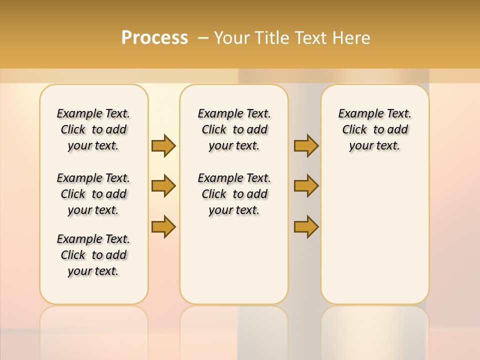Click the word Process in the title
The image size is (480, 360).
pyautogui.click(x=154, y=38)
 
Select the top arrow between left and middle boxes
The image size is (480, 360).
pyautogui.click(x=163, y=145)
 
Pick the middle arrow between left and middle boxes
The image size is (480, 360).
pyautogui.click(x=163, y=186)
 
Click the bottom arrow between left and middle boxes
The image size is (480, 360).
pyautogui.click(x=163, y=226)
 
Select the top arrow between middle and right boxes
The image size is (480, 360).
pyautogui.click(x=306, y=145)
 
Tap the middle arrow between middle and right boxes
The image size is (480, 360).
pyautogui.click(x=306, y=186)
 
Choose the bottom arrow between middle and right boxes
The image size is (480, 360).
pyautogui.click(x=306, y=226)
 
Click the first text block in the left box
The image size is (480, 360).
pyautogui.click(x=93, y=129)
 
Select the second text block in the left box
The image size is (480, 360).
pyautogui.click(x=93, y=194)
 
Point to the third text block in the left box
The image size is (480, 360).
pyautogui.click(x=93, y=255)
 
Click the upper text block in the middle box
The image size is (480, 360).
pyautogui.click(x=234, y=129)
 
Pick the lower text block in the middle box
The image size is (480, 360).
pyautogui.click(x=234, y=194)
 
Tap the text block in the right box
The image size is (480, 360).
pyautogui.click(x=374, y=129)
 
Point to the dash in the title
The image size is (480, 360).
pyautogui.click(x=203, y=38)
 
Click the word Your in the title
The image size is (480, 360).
pyautogui.click(x=232, y=38)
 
